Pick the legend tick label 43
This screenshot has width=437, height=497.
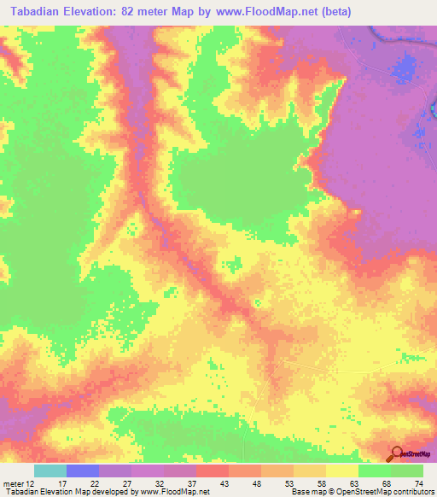point(224,483)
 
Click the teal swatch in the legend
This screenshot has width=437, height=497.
point(50,471)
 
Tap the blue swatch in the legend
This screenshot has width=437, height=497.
point(83,471)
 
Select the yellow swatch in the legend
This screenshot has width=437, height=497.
point(342,471)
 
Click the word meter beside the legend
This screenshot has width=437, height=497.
point(12,483)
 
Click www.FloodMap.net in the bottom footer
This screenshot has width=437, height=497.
point(176,492)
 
